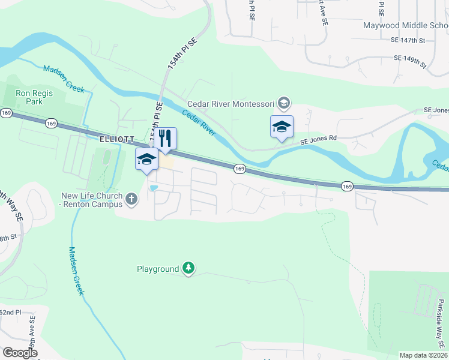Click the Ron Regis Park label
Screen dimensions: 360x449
coord(34,98)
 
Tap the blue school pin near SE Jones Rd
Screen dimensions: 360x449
coord(282,127)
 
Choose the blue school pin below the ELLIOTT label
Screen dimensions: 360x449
coord(146,160)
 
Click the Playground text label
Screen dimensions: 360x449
coord(158,269)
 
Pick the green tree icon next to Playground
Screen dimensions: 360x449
coord(189,268)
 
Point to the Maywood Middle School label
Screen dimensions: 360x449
coord(405,25)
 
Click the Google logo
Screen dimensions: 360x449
coord(20,353)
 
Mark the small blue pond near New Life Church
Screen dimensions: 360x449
coord(154,188)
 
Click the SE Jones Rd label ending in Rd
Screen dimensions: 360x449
coord(319,138)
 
